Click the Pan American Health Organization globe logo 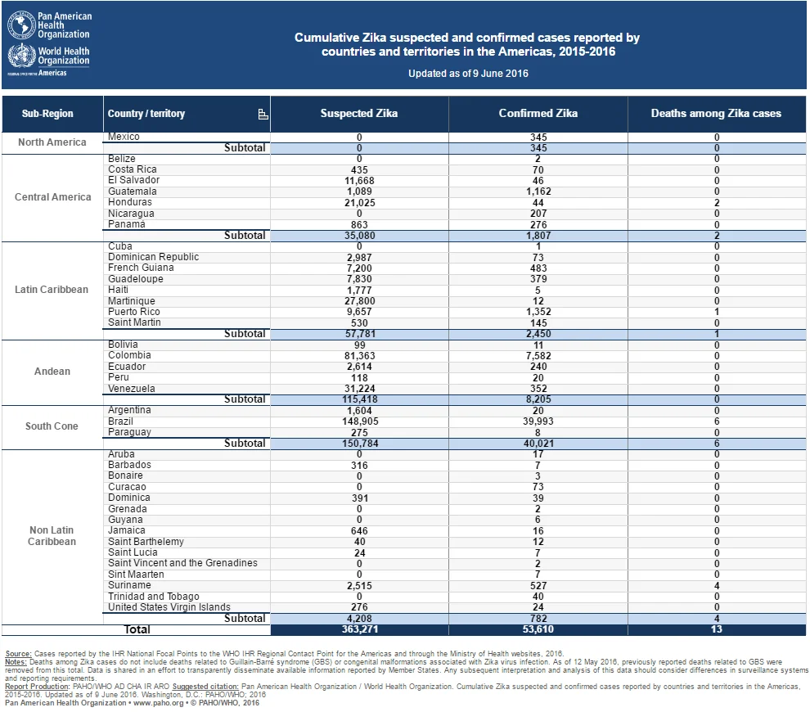[x=21, y=25]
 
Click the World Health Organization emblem [x=21, y=56]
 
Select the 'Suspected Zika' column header [x=359, y=113]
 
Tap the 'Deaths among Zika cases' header [x=716, y=113]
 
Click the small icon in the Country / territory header [x=263, y=115]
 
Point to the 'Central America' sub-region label [x=52, y=197]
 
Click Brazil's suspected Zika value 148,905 [x=360, y=421]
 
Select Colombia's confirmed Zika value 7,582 [x=538, y=355]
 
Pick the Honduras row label [x=130, y=202]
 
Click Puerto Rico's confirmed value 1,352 [x=538, y=312]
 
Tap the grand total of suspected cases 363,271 [x=359, y=629]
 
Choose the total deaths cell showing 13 [x=717, y=629]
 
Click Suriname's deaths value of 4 [x=717, y=585]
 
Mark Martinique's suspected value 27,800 [x=360, y=300]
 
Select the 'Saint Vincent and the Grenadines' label [x=183, y=563]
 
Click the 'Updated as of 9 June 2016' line [x=468, y=74]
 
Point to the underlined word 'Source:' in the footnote [x=18, y=654]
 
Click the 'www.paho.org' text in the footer [x=159, y=703]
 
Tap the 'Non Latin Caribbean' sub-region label [x=52, y=536]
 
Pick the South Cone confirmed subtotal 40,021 [x=538, y=444]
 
